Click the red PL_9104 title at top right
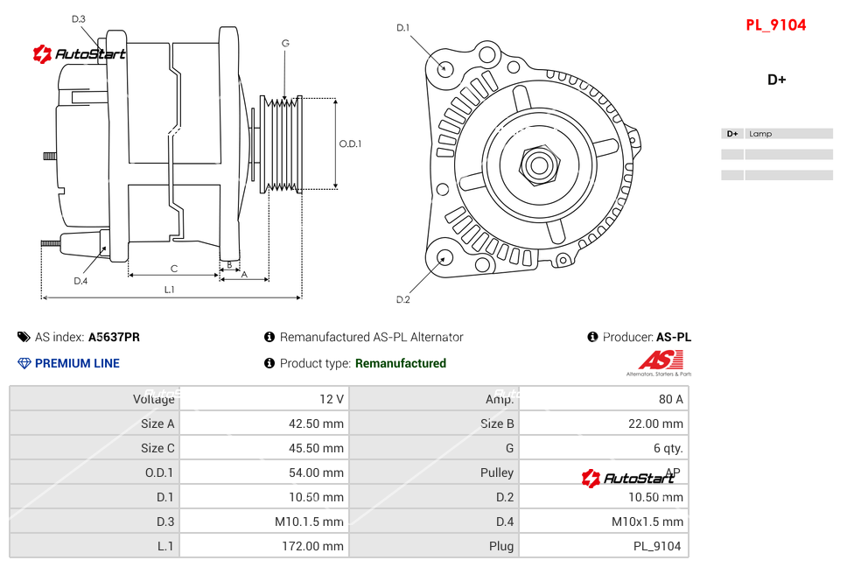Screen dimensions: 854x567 [775, 25]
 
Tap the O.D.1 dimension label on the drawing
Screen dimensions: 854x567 [350, 143]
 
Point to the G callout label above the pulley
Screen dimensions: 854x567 [285, 43]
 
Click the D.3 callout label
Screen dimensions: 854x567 [79, 19]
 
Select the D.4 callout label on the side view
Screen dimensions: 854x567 [80, 281]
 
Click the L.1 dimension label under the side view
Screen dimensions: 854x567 [170, 290]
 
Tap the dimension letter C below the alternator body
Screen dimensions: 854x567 [174, 269]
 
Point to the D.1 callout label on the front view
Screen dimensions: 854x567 [403, 28]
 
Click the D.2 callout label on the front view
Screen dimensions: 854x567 [403, 299]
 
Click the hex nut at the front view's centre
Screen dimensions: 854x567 [539, 165]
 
